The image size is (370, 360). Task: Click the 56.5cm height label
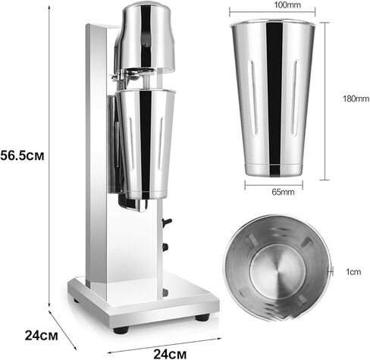(x=22, y=155)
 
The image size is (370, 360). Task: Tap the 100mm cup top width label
(x=287, y=5)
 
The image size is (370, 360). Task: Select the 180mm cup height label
(x=356, y=99)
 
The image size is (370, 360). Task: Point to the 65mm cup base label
(x=283, y=192)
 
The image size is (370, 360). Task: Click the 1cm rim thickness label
(x=353, y=272)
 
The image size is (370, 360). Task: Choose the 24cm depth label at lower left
(x=41, y=336)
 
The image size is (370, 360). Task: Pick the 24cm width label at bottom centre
(x=170, y=354)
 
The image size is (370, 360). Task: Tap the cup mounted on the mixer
(x=146, y=142)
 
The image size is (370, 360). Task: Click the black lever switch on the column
(x=167, y=222)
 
